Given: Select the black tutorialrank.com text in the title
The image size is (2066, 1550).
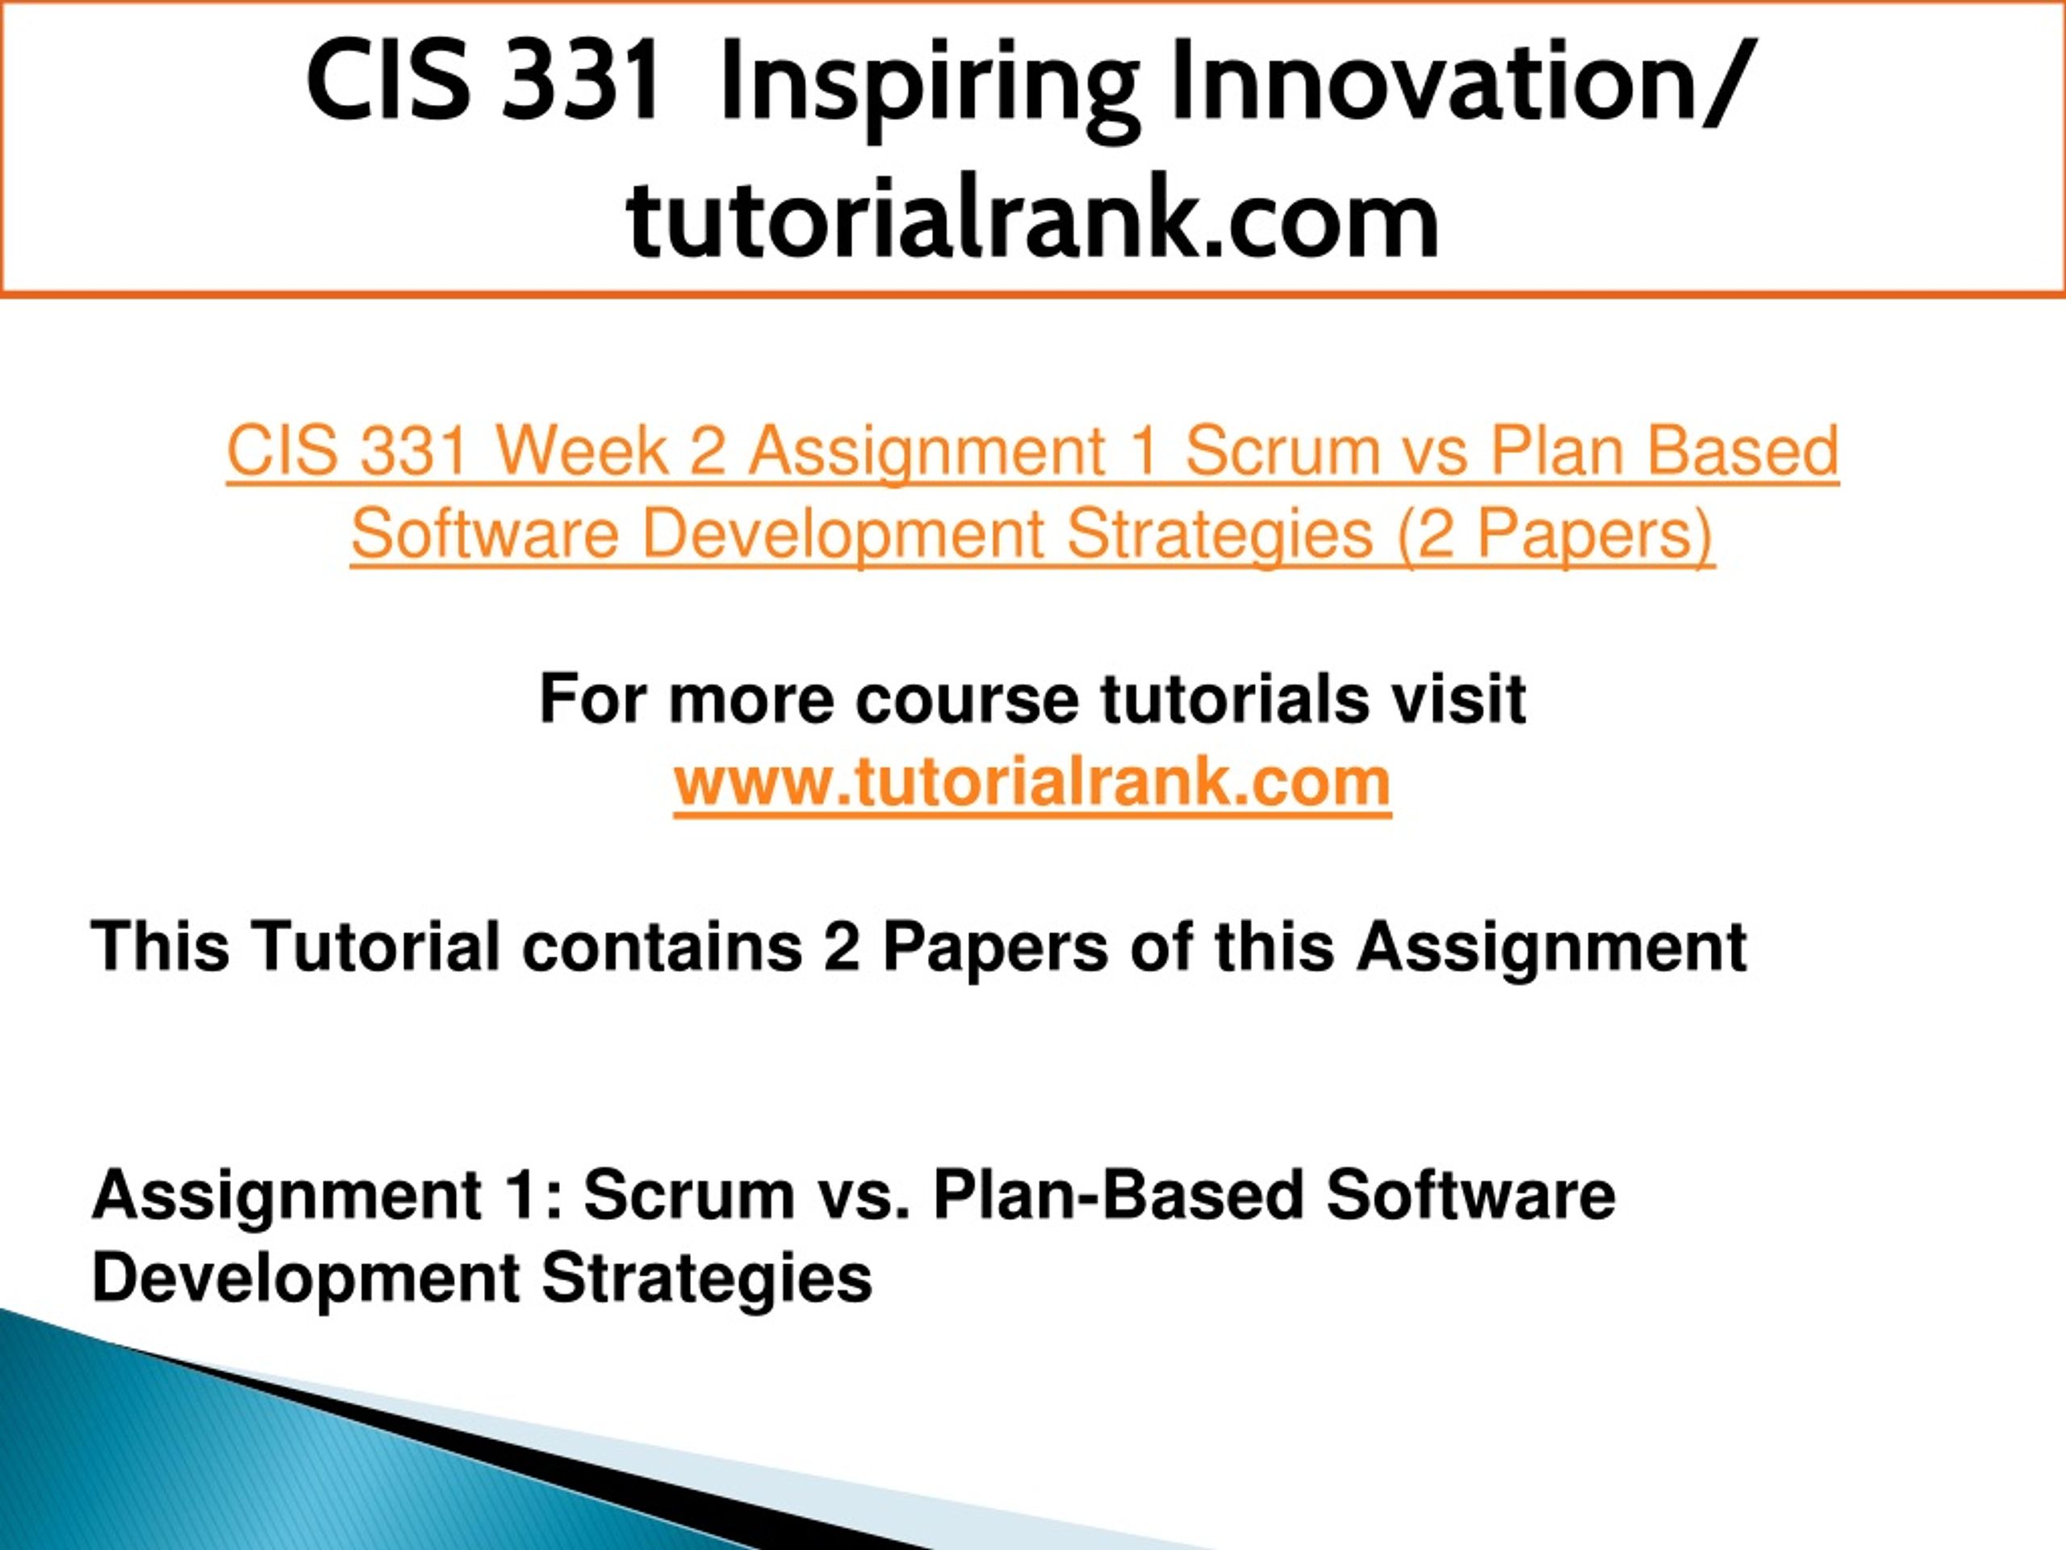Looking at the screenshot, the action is coord(1033,220).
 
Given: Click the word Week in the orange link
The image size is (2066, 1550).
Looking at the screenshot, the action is coord(581,450).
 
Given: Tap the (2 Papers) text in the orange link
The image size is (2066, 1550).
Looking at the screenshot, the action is coord(1556,534).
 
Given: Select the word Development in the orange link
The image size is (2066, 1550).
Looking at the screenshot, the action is coord(843,534).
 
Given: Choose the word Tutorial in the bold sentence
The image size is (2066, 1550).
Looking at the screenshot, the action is coord(376,946).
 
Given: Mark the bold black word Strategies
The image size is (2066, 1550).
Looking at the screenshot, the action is coord(707,1278).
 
